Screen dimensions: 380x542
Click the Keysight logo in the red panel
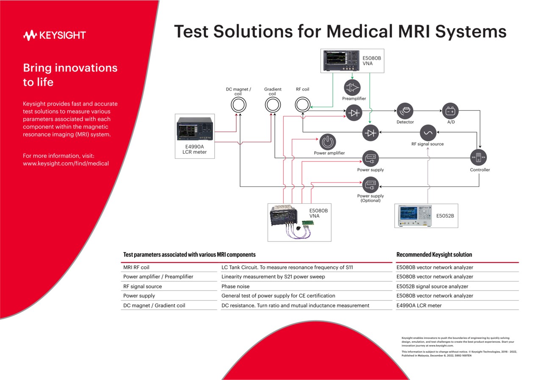point(54,36)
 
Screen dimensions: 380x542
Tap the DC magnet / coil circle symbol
point(238,105)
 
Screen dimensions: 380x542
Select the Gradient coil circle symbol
point(273,105)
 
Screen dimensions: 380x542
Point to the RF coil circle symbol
point(302,105)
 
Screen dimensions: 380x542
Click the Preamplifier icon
point(352,88)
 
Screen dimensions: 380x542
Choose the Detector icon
point(405,111)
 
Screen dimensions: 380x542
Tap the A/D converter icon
point(450,111)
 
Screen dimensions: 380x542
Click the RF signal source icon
point(428,133)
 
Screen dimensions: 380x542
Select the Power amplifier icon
point(327,142)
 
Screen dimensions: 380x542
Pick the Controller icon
point(478,158)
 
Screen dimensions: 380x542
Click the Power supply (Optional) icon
point(371,185)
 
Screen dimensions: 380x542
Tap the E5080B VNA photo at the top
point(341,61)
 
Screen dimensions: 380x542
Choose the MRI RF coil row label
point(136,267)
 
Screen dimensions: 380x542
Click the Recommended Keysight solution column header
point(434,255)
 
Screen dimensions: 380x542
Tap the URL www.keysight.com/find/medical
point(66,164)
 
